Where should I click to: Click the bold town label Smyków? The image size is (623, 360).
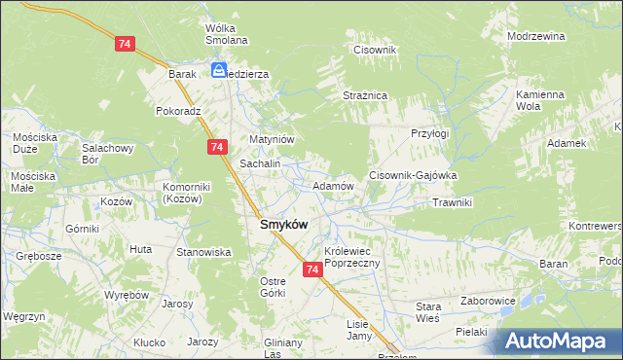[283, 224]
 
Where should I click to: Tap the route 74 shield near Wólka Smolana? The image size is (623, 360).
[124, 45]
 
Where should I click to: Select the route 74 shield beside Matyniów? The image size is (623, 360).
[217, 147]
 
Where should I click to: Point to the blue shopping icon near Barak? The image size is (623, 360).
[219, 70]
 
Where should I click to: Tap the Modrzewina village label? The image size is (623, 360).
[536, 36]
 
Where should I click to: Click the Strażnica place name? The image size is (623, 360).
[365, 95]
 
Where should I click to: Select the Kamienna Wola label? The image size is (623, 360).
[540, 100]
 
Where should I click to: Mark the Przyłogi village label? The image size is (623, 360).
[429, 133]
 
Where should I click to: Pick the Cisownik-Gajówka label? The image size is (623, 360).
[413, 175]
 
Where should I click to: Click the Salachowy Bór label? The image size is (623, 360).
[106, 154]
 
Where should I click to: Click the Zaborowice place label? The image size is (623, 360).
[488, 301]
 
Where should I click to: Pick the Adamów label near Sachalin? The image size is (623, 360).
[332, 185]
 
